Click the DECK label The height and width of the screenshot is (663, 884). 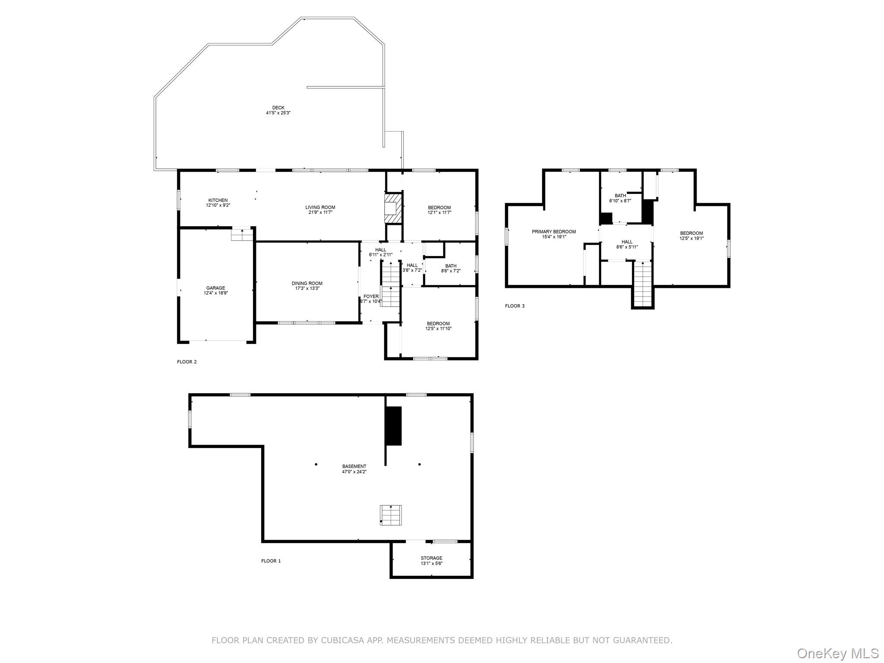pos(278,107)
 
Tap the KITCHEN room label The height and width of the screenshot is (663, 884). pos(218,200)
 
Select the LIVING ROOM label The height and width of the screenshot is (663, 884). pos(320,207)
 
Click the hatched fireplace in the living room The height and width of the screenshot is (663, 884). pos(393,208)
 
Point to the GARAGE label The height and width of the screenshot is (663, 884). pos(215,288)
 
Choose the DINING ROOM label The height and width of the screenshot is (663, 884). pos(307,284)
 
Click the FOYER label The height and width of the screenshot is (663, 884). pos(371,297)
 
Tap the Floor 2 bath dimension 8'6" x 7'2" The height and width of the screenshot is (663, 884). pos(451,271)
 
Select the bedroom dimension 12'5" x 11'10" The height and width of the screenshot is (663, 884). pos(438,328)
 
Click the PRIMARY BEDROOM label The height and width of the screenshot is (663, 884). pos(554,232)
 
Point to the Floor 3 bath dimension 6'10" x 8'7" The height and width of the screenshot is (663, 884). pos(620,201)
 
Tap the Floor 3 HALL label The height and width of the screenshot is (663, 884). pos(627,242)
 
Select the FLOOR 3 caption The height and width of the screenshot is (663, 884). pos(515,306)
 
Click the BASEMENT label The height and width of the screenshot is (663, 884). pos(354,466)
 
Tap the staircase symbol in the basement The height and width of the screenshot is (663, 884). pos(391,515)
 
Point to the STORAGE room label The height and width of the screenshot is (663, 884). pos(432,558)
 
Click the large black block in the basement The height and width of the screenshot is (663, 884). pos(393,426)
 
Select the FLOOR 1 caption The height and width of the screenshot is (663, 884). pos(271,561)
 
